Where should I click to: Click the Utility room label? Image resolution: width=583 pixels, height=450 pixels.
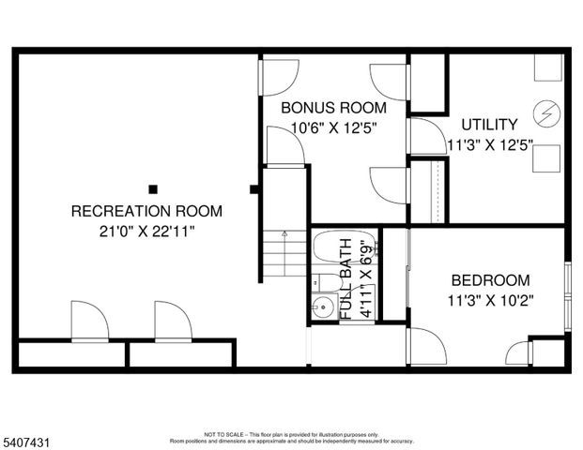click(489, 125)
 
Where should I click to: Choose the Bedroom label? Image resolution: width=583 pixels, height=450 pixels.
click(490, 280)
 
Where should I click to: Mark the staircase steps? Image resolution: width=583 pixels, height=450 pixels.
click(284, 253)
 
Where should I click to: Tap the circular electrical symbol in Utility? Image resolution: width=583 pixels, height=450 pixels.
click(545, 113)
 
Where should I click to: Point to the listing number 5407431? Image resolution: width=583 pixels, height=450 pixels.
click(27, 438)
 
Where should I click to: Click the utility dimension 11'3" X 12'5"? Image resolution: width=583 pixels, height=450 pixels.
click(489, 145)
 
